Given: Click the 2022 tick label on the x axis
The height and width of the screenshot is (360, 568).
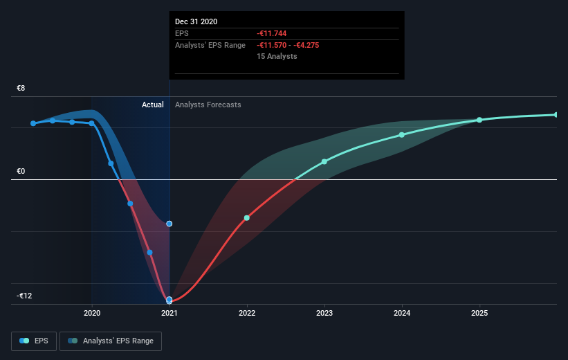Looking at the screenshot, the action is tap(247, 313).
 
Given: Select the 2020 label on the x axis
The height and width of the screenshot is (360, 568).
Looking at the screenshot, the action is tap(92, 313).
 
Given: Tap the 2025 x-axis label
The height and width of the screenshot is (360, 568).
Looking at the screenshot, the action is tap(479, 313).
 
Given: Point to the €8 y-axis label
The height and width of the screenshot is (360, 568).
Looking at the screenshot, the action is tap(21, 88).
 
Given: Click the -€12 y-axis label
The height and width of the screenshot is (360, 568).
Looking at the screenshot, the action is tap(24, 296).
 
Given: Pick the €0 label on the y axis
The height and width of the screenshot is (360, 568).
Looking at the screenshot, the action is tap(21, 171).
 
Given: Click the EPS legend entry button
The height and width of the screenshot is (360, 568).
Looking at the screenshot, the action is tap(34, 341).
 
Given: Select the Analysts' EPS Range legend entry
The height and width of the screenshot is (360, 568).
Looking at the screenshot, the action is tap(111, 341).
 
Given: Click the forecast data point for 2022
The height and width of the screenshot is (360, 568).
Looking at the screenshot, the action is tap(247, 218).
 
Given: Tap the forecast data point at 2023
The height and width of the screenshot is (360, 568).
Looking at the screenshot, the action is tap(324, 162).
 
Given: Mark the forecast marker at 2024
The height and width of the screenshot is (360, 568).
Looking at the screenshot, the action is tap(402, 135).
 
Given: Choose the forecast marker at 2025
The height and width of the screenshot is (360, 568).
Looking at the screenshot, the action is tap(479, 120).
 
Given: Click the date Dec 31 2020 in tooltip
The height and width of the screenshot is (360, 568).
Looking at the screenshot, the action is tap(196, 21).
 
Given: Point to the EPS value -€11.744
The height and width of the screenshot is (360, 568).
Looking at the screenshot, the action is tap(272, 33).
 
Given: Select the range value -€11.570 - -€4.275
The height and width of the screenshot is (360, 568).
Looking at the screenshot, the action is tap(288, 45).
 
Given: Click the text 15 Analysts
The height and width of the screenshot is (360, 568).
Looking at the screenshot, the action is tap(277, 56).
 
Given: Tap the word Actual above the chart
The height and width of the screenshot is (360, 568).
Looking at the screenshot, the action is tap(152, 105).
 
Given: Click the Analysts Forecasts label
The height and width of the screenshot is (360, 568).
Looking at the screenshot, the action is tap(208, 105).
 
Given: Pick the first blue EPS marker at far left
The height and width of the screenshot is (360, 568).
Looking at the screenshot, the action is tap(33, 123).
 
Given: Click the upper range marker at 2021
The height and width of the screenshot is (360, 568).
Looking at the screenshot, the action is tap(170, 224).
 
